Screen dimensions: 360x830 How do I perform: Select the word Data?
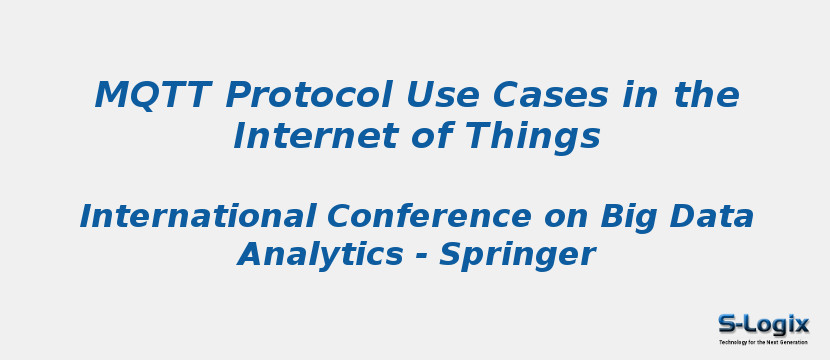pyautogui.click(x=713, y=216)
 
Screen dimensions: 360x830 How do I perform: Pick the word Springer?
pyautogui.click(x=517, y=255)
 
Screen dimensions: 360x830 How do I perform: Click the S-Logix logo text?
pyautogui.click(x=763, y=324)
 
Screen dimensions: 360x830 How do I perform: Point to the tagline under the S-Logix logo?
pyautogui.click(x=763, y=342)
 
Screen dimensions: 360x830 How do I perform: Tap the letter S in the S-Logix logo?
pyautogui.click(x=727, y=324)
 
